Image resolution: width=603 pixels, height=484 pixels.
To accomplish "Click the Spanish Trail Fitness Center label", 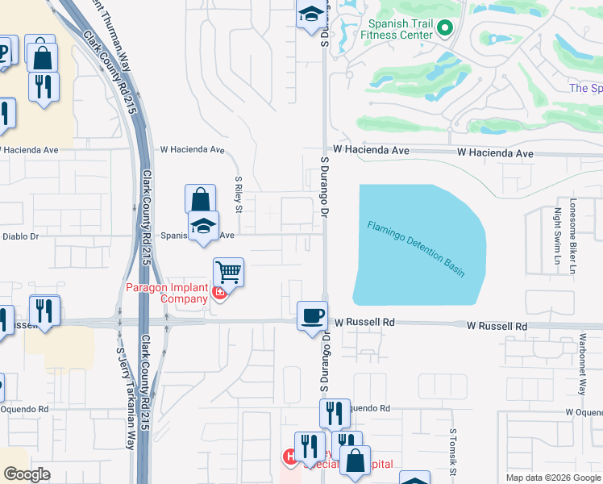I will [395, 30].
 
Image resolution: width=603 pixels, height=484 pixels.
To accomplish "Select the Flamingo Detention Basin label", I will [416, 248].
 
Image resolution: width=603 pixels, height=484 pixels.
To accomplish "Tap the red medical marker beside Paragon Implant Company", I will [219, 295].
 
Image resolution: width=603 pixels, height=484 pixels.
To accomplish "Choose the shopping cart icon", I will [229, 273].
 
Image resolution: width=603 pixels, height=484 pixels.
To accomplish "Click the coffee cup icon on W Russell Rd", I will [312, 316].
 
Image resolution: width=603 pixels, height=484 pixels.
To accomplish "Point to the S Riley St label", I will [239, 195].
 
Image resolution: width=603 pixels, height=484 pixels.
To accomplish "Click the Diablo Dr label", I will [22, 236].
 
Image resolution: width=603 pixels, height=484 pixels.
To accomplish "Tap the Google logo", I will [27, 474].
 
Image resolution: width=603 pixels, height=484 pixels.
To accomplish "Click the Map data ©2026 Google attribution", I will [552, 478].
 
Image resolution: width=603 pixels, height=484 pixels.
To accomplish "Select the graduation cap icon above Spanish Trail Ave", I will [204, 227].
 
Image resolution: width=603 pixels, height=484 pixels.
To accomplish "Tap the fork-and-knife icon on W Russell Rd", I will [44, 311].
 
